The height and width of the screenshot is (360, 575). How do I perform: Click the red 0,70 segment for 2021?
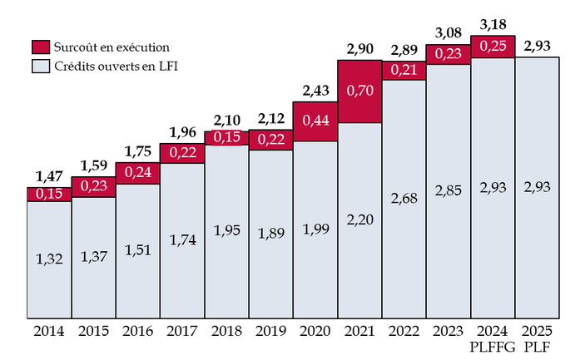pos(359,91)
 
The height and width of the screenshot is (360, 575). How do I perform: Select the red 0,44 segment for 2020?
pos(315,121)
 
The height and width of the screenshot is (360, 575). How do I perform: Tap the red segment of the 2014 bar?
pos(48,194)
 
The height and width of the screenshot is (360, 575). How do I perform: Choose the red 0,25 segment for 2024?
pos(492,47)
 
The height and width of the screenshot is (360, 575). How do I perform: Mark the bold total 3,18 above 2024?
pos(492,27)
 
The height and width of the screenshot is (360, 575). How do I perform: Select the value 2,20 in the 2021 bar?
pos(359,219)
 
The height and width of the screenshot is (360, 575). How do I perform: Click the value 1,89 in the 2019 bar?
pos(270,233)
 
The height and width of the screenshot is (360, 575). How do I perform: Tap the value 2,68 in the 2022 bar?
pos(404,199)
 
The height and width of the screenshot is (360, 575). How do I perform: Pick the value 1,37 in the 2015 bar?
pos(93,256)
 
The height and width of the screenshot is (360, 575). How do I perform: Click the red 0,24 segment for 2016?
pos(137,173)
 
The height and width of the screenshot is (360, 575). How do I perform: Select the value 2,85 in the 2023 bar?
pos(448,191)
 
